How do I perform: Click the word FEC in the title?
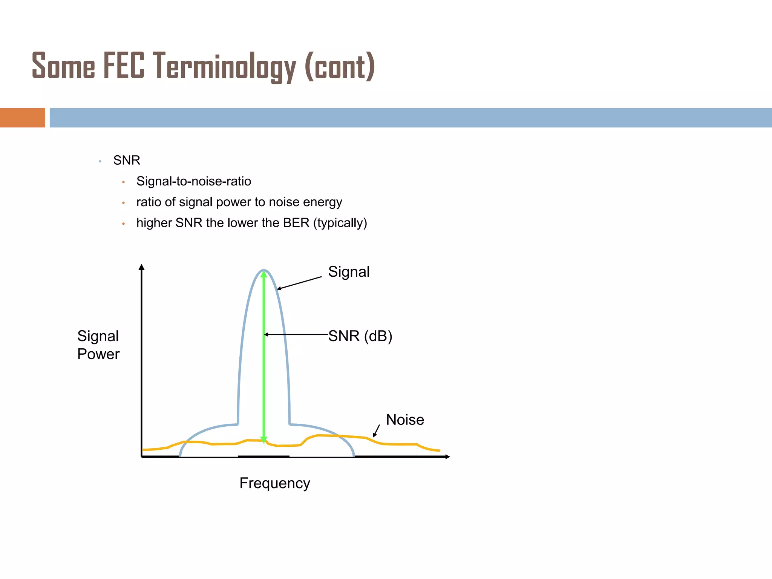(x=124, y=66)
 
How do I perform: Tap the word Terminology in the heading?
(x=225, y=67)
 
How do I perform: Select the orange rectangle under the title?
(x=22, y=118)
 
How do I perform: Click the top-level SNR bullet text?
(x=127, y=160)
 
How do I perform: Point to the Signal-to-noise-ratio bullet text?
(x=193, y=181)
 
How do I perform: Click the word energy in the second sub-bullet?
(x=322, y=202)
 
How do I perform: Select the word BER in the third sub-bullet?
(x=296, y=223)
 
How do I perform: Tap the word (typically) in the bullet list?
(x=340, y=223)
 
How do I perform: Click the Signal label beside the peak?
(x=349, y=272)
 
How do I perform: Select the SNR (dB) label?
(x=360, y=336)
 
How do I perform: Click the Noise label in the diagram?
(x=405, y=420)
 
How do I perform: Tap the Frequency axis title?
(x=274, y=483)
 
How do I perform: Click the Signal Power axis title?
(x=98, y=345)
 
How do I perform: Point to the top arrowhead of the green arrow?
(x=264, y=274)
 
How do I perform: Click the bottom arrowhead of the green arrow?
(x=264, y=440)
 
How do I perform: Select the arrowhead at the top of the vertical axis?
(x=142, y=267)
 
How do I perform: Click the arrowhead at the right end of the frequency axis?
(x=447, y=457)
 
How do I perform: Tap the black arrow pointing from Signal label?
(x=299, y=283)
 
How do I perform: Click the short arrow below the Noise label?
(x=376, y=431)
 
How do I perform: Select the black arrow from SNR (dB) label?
(x=296, y=334)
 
